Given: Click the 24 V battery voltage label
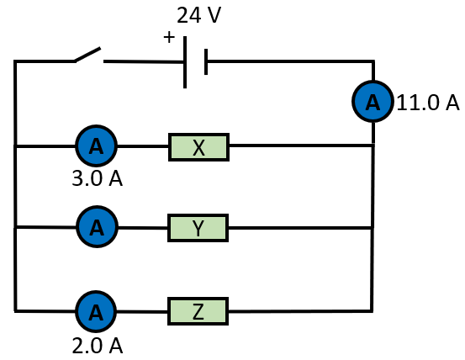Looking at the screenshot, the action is (198, 15).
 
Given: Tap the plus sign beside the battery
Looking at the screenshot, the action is (169, 37).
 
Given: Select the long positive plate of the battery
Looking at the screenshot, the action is (185, 62).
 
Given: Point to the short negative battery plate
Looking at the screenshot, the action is (206, 61).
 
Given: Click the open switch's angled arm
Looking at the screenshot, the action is (87, 55).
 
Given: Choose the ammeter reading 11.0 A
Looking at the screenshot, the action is (373, 102).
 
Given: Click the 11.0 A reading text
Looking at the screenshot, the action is (428, 103).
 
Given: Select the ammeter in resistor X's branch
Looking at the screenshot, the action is (97, 146).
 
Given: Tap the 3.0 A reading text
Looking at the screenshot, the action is (97, 178).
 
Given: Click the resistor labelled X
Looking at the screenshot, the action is (198, 147).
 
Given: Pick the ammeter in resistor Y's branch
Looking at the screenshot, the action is (97, 227).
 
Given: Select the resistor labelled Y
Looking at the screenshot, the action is (198, 228).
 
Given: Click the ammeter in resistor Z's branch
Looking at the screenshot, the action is (96, 311).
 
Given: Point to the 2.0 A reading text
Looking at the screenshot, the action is (97, 346).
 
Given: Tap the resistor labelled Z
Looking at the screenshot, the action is (198, 311).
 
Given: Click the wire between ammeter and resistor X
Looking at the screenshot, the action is (143, 146).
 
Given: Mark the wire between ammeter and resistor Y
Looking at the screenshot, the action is (143, 228).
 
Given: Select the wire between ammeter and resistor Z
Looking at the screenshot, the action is (142, 311).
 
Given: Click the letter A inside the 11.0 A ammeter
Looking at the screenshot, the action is (373, 103).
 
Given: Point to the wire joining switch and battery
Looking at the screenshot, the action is (144, 61).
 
